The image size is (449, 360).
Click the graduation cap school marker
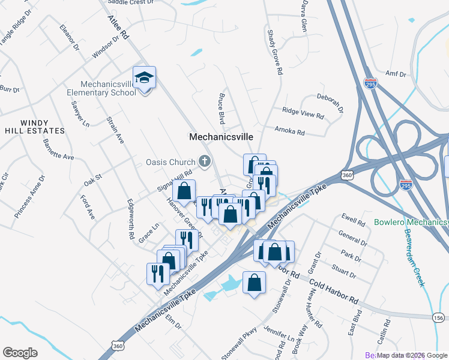coord(144,78)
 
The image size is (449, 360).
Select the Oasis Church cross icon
coord(205,161)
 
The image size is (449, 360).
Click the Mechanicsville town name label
coord(221,137)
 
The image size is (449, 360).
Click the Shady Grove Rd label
coord(275,53)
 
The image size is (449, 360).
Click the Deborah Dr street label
coord(330,103)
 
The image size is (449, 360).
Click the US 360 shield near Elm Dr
coord(117,345)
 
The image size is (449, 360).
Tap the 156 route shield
coord(439,317)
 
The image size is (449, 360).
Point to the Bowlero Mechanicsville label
coord(411,222)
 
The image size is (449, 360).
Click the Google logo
coord(20,353)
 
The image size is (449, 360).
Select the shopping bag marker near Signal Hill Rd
coord(184,191)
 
